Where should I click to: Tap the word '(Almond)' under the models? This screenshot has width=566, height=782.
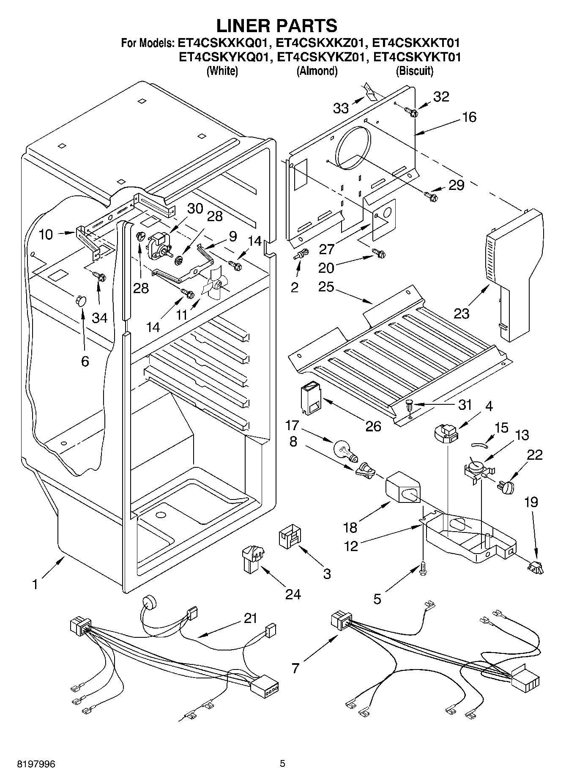click(x=317, y=71)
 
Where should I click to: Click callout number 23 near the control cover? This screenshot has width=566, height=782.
click(x=462, y=313)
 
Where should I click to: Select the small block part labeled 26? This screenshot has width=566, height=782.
click(x=311, y=398)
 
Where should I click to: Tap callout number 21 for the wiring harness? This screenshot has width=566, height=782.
click(x=250, y=618)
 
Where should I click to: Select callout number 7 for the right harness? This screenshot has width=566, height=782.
click(x=295, y=668)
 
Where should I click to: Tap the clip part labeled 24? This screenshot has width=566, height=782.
click(x=251, y=558)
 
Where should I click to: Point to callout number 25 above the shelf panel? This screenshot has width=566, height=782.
click(x=327, y=287)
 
